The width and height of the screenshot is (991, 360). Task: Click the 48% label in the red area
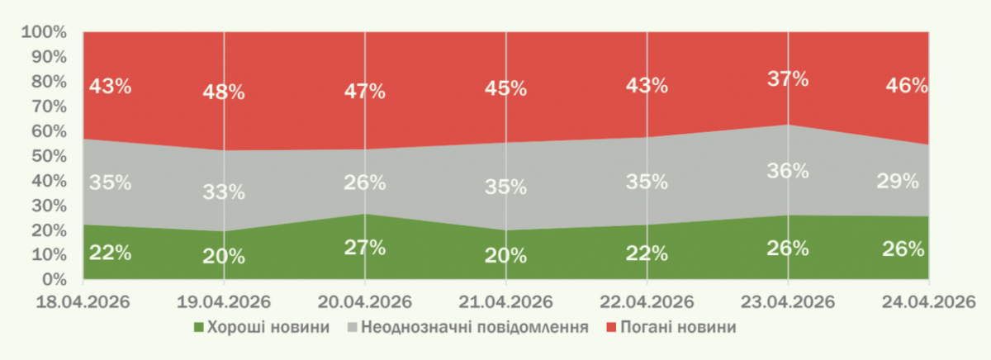pos(224,92)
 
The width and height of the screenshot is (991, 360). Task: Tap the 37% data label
pos(788,79)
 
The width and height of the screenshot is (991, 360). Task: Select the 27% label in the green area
pos(364,247)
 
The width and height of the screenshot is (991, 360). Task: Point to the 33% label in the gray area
pos(224,192)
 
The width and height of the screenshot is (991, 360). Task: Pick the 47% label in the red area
pos(364,91)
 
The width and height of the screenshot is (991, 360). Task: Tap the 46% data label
pos(905,85)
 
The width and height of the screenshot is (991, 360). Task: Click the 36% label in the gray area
pos(788,171)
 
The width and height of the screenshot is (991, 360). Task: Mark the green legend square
pos(197,328)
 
